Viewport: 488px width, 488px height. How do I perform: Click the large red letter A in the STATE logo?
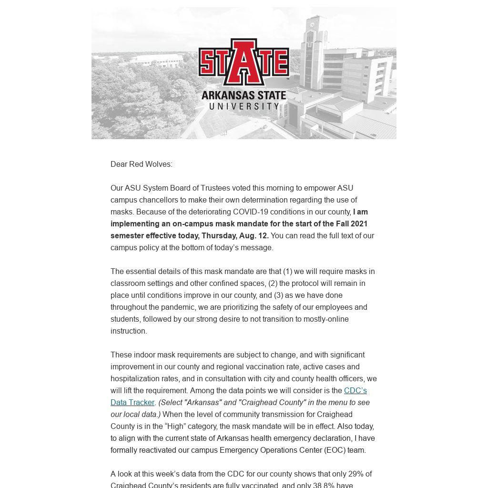244,62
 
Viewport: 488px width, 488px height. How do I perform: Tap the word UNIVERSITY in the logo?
244,106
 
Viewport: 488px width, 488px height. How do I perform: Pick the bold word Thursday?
219,235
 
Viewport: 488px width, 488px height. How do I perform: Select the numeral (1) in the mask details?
287,271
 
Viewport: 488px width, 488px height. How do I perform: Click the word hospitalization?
135,378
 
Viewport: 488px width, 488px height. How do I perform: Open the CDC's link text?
355,390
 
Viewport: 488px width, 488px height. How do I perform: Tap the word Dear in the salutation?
119,164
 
